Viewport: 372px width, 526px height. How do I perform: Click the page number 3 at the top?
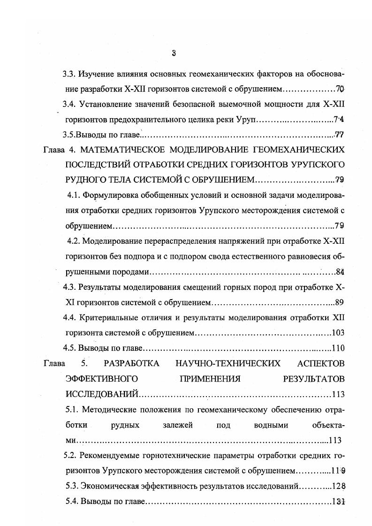(174, 53)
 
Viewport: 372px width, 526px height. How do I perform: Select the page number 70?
(341, 89)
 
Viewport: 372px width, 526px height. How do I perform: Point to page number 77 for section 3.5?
(340, 135)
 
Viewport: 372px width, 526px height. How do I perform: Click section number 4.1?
(75, 196)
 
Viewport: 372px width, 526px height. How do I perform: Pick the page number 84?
(341, 271)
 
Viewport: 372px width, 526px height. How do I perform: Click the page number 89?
(341, 302)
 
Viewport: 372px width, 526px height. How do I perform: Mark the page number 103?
(338, 333)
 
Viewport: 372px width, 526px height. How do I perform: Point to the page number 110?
(338, 348)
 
